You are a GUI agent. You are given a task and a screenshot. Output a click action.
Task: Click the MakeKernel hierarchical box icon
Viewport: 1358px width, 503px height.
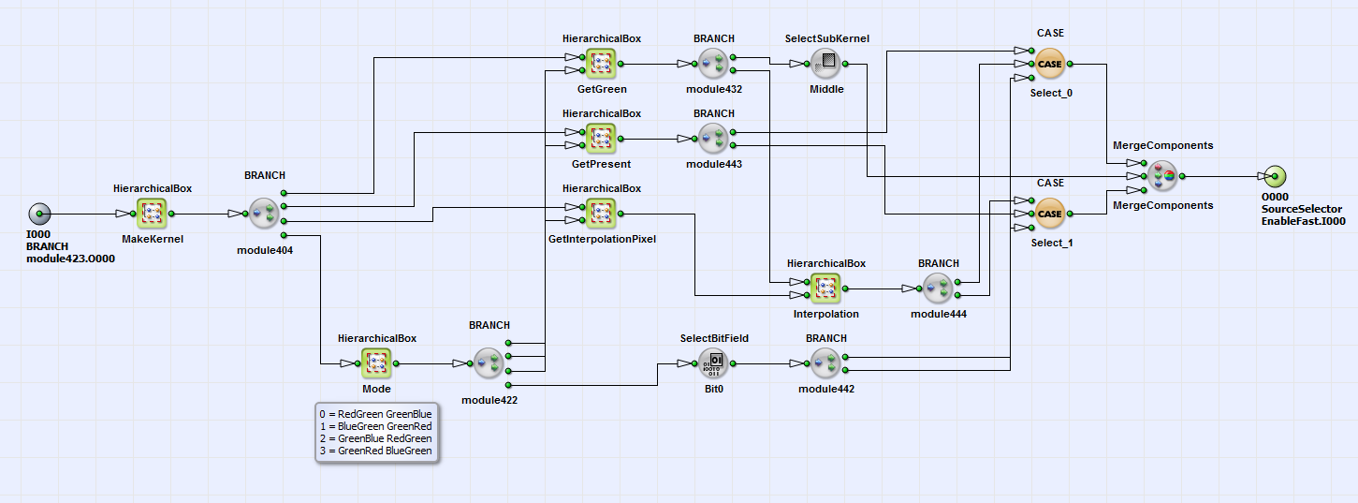152,214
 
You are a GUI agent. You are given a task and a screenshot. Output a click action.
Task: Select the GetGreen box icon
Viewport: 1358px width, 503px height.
601,64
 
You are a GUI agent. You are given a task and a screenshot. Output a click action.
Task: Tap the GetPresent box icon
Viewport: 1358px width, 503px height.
601,139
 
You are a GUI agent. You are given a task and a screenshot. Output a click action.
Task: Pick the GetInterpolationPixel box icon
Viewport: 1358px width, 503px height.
601,214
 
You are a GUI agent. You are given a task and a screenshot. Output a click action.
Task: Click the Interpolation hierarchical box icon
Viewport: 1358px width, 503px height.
825,288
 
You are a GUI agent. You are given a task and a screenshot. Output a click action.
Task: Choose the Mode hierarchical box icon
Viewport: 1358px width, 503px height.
376,363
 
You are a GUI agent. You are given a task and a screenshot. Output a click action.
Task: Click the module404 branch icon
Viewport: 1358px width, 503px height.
264,214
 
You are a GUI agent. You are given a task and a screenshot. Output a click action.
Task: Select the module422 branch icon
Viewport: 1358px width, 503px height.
489,363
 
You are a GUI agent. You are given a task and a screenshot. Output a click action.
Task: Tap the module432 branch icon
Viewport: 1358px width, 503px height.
713,64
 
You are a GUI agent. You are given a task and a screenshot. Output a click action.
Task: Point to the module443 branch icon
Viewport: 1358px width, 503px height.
713,139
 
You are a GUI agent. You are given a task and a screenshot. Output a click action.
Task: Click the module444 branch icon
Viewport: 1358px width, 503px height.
938,288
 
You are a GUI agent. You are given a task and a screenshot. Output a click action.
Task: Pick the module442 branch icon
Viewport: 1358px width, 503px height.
825,363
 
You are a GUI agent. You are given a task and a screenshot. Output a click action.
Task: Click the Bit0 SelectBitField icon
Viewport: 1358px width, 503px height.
713,363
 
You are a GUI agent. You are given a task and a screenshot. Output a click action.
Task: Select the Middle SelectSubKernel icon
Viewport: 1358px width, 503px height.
825,64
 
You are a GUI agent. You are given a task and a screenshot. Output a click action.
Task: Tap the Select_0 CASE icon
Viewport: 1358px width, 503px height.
1050,64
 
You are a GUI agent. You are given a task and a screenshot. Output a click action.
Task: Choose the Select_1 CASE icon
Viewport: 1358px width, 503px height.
1050,214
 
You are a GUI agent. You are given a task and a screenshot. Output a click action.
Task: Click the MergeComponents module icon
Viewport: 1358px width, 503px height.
1162,176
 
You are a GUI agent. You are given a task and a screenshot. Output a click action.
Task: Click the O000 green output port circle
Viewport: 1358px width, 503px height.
1274,176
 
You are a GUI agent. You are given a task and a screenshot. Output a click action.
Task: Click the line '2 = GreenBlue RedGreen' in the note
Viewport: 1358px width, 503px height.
375,437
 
